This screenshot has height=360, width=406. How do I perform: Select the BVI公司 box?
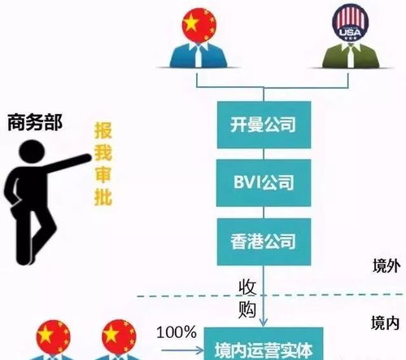click(x=262, y=182)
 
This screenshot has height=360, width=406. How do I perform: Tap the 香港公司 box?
click(x=262, y=240)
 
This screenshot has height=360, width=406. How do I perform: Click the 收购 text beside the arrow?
click(x=248, y=298)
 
